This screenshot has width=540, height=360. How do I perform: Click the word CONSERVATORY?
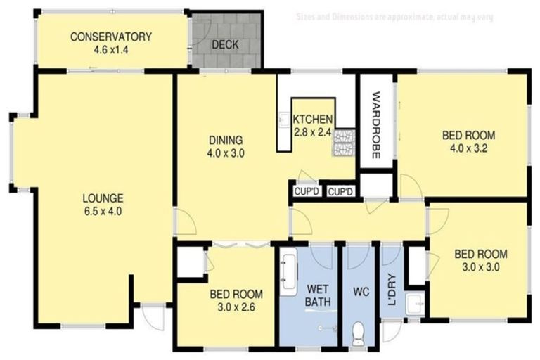tap(111, 37)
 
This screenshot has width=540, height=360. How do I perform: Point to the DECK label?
tap(225, 45)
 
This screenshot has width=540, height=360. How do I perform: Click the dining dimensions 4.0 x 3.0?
tap(225, 153)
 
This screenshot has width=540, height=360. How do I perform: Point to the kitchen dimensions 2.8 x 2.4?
tap(313, 131)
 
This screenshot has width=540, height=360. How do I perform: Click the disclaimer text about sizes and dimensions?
tap(394, 16)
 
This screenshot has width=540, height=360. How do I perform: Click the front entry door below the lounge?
tap(149, 318)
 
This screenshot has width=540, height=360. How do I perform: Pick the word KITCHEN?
tap(313, 119)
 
